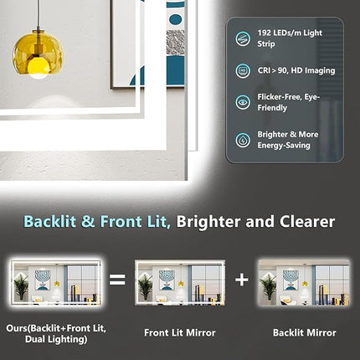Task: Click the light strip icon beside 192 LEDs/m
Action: [243, 38]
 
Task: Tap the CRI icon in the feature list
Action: [243, 71]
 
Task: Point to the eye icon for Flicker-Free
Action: [243, 104]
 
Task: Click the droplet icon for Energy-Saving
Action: [243, 139]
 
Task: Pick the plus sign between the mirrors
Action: [241, 279]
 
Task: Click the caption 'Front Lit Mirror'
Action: [180, 332]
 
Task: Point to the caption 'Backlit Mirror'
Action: [303, 332]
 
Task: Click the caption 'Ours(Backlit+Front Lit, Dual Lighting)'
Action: [56, 332]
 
